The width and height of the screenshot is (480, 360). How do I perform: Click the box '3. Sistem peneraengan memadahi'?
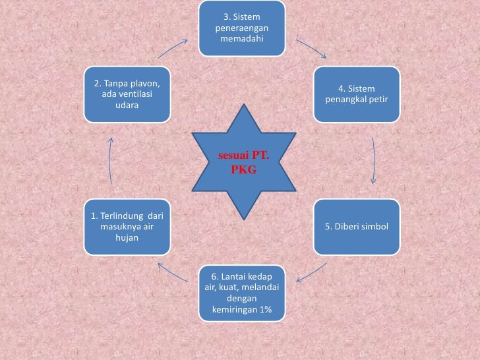click(242, 28)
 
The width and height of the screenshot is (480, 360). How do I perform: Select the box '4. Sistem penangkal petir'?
click(357, 94)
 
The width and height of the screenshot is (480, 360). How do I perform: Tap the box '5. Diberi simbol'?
click(357, 227)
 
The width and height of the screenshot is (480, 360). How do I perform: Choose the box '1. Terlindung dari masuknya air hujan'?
click(127, 227)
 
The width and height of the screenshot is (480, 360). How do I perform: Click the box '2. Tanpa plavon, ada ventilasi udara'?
click(127, 94)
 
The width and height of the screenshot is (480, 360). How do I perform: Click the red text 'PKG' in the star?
click(243, 169)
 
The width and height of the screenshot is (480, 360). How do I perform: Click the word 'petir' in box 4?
click(377, 100)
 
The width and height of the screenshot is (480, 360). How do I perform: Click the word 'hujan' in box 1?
click(127, 237)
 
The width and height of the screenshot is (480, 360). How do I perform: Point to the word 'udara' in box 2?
click(127, 105)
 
